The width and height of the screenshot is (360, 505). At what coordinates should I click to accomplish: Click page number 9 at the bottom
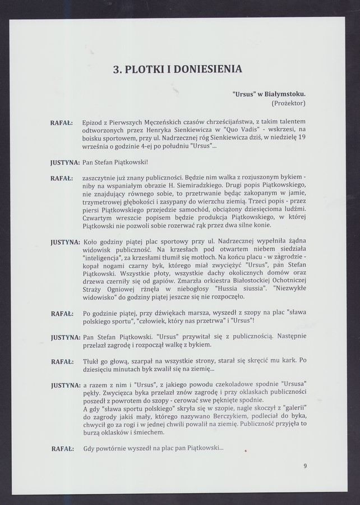[305, 465]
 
